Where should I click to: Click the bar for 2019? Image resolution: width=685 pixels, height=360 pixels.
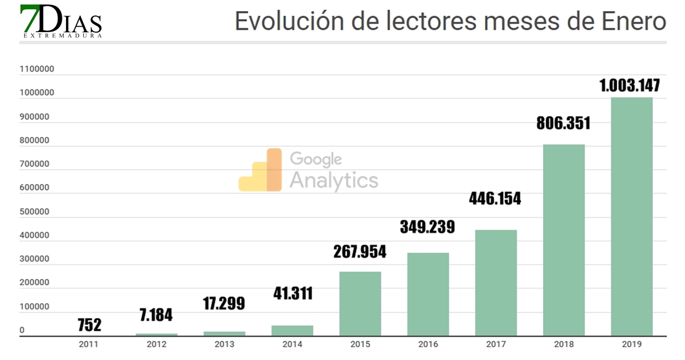pos(631,216)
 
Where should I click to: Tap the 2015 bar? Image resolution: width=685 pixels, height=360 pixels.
pos(360,303)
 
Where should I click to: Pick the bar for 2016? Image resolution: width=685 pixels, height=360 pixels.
pos(428,294)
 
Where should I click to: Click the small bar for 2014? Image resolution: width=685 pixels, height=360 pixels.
pos(293,330)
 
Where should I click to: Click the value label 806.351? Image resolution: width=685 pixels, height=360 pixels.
pos(562,123)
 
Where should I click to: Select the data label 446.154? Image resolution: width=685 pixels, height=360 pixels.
pos(494,199)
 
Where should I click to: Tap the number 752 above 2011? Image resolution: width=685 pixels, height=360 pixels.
pos(89,325)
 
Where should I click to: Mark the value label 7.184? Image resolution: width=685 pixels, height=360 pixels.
pos(156,315)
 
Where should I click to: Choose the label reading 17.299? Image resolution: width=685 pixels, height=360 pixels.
pos(224,303)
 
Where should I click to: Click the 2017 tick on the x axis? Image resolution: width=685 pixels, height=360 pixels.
pos(496,345)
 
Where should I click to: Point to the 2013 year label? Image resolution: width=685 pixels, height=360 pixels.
pos(224,345)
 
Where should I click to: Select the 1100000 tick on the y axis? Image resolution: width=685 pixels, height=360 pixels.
pos(37,69)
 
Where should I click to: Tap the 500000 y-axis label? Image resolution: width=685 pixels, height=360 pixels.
pos(35,212)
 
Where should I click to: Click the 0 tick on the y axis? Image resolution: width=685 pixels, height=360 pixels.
pos(22,330)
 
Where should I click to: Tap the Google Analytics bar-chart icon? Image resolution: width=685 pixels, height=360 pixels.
pos(260,170)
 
